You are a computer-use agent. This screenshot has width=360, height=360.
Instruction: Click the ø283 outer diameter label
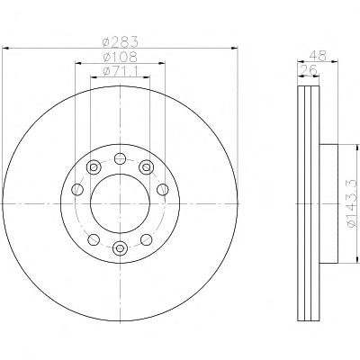coord(121,42)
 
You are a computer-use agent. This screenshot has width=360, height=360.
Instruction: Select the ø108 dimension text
coord(120,57)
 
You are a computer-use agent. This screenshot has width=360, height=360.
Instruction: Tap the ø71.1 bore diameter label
coord(120,71)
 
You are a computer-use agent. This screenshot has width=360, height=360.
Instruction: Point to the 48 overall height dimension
coord(318,56)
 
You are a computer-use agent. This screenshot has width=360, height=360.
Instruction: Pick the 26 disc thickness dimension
coord(308,70)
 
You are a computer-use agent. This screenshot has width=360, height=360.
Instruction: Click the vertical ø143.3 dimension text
coord(353,203)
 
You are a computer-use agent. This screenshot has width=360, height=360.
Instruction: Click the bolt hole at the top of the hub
coord(120,158)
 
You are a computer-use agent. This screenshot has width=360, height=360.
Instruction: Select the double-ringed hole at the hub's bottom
coord(120,248)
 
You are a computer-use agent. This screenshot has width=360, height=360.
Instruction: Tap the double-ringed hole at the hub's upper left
coord(94,166)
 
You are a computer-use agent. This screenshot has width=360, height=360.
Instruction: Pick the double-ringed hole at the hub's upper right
coord(146,166)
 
